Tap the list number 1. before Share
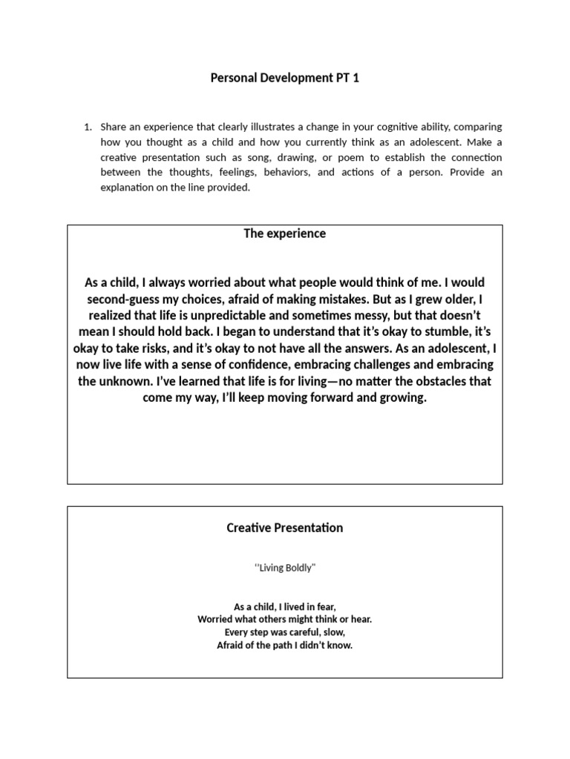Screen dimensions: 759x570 click(x=88, y=127)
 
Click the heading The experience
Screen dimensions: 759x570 click(x=285, y=233)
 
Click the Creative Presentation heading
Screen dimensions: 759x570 click(x=285, y=528)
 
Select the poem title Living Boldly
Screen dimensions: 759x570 click(x=286, y=568)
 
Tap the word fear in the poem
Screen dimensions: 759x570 click(x=324, y=606)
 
